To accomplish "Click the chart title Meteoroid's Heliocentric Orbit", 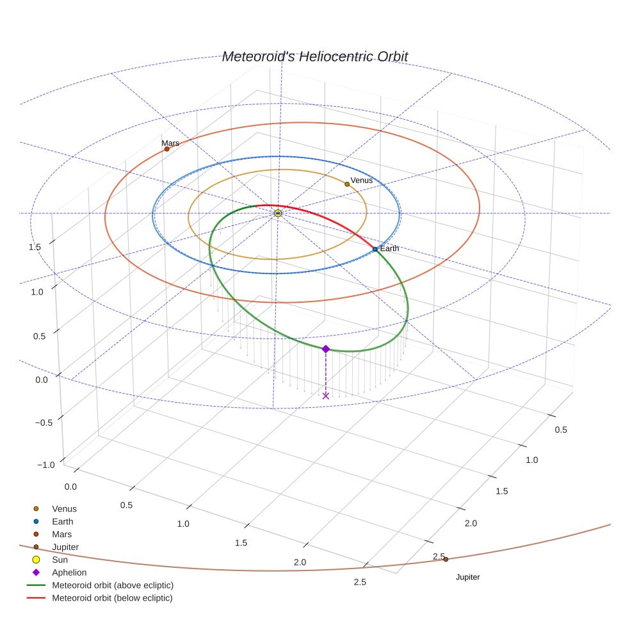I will click(x=314, y=57).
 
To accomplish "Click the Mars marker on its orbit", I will click(x=167, y=149).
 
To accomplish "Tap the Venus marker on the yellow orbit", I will click(x=347, y=184).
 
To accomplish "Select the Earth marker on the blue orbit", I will click(x=375, y=249).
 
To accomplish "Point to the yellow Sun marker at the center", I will click(x=278, y=213).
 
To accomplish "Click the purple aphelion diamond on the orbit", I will click(x=326, y=349).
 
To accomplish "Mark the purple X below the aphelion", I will click(x=326, y=396).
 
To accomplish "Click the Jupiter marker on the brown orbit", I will click(x=446, y=559).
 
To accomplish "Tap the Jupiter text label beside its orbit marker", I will click(x=467, y=577).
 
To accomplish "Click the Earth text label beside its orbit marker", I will click(x=389, y=248).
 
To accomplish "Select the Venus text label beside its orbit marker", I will click(x=362, y=181).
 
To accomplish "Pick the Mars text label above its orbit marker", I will click(x=170, y=143).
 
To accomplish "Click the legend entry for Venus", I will click(x=64, y=509).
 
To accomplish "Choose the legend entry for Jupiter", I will click(x=65, y=547).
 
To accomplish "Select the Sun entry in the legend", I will click(x=60, y=560).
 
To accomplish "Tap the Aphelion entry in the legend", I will click(x=69, y=573).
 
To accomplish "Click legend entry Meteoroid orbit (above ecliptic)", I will click(x=113, y=585).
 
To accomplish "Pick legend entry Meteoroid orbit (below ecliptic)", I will click(x=112, y=598).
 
